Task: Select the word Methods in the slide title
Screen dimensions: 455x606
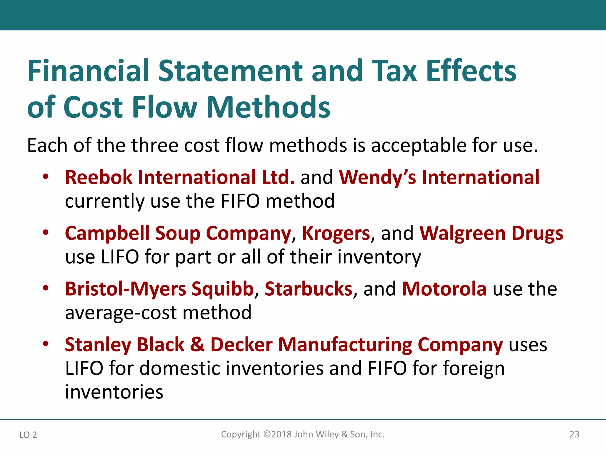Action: coord(268,107)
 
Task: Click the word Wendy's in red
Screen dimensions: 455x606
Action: coord(377,177)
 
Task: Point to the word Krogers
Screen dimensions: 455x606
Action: coord(336,233)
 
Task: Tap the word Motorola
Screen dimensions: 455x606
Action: coord(444,289)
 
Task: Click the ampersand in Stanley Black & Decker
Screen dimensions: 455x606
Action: coord(197,345)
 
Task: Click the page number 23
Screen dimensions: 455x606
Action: coord(574,434)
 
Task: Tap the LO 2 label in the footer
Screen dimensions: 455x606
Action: coord(28,435)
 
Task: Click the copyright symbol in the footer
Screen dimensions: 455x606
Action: coord(267,434)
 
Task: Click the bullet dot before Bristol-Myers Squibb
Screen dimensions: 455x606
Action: coord(46,288)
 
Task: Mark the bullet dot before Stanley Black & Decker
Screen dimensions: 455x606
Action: coord(46,344)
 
